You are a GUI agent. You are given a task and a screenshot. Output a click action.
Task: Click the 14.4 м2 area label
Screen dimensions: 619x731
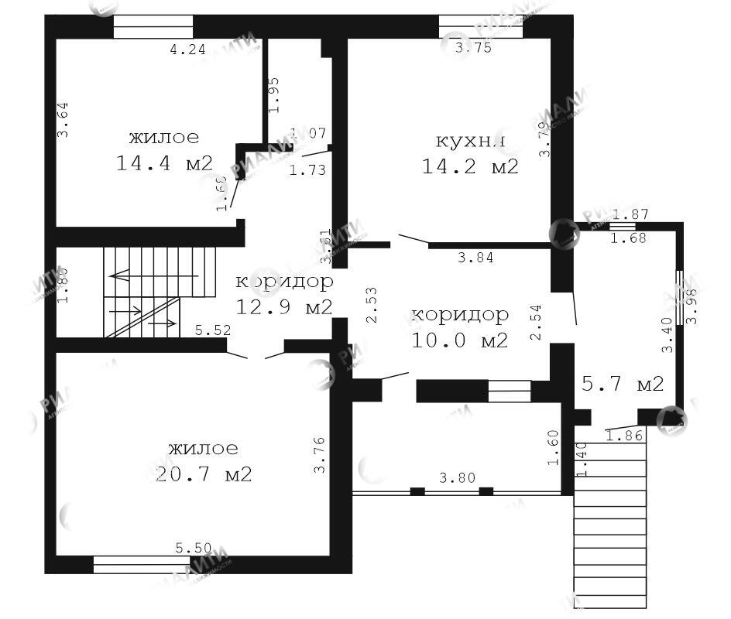[164, 163]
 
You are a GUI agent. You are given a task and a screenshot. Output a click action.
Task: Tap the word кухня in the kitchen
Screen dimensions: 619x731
[471, 142]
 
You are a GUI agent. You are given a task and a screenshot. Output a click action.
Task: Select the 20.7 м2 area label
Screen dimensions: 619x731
[204, 474]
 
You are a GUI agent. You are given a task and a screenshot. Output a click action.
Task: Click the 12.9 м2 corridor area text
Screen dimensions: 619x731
[284, 307]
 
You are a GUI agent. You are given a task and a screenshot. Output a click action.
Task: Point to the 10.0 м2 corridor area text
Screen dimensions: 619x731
[460, 340]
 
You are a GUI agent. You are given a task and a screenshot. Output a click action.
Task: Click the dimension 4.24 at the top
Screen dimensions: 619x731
[188, 50]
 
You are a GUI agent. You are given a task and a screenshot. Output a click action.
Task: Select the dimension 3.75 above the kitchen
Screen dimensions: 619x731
[473, 48]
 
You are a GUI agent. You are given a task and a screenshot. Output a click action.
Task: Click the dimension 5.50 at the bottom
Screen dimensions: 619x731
[194, 549]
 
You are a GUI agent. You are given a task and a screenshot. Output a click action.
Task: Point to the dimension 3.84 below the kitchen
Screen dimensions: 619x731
[476, 258]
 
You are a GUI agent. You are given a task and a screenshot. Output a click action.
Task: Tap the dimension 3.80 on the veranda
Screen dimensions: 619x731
[458, 478]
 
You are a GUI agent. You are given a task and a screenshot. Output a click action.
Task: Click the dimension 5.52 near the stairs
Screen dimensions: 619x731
[213, 330]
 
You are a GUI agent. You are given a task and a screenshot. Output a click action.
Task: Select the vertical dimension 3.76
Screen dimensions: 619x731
[318, 456]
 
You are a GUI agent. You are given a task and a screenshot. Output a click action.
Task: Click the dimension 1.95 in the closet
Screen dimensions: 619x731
[273, 95]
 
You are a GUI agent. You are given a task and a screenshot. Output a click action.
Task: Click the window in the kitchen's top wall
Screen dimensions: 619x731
[480, 26]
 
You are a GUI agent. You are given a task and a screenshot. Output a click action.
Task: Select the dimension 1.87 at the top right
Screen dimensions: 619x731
[629, 214]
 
